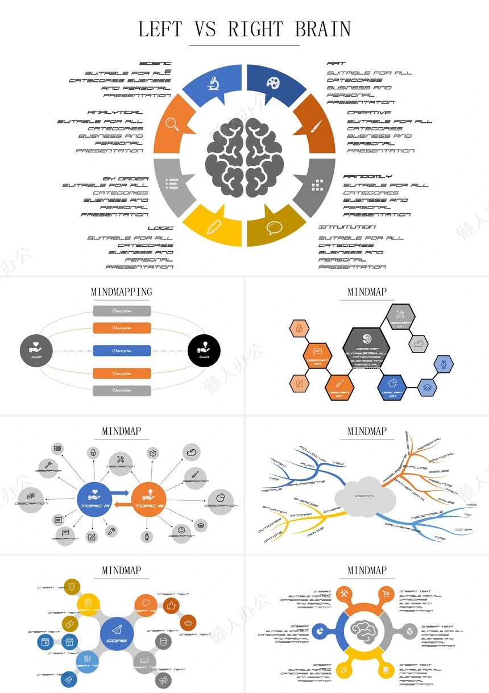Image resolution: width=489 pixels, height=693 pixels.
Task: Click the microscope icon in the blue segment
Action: (213, 84)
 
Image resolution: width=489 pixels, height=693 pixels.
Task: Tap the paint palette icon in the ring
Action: (273, 83)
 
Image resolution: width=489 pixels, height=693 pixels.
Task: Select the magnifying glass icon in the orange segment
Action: (173, 125)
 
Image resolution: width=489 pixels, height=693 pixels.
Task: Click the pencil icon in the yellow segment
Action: (213, 227)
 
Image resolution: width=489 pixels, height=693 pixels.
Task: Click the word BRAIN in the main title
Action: (322, 29)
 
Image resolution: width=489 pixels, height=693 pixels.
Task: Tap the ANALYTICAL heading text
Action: (115, 113)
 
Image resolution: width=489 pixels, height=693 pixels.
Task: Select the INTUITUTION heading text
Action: (347, 227)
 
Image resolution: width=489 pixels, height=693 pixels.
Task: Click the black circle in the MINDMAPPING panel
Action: (204, 351)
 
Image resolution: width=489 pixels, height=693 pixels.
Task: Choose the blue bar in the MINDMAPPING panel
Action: (122, 351)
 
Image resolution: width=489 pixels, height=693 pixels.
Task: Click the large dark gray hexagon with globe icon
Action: (366, 347)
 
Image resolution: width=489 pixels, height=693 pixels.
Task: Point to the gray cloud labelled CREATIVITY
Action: (365, 496)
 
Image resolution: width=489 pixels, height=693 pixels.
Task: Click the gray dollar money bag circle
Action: (409, 630)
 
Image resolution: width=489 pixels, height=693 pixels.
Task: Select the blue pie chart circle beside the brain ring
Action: (320, 631)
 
